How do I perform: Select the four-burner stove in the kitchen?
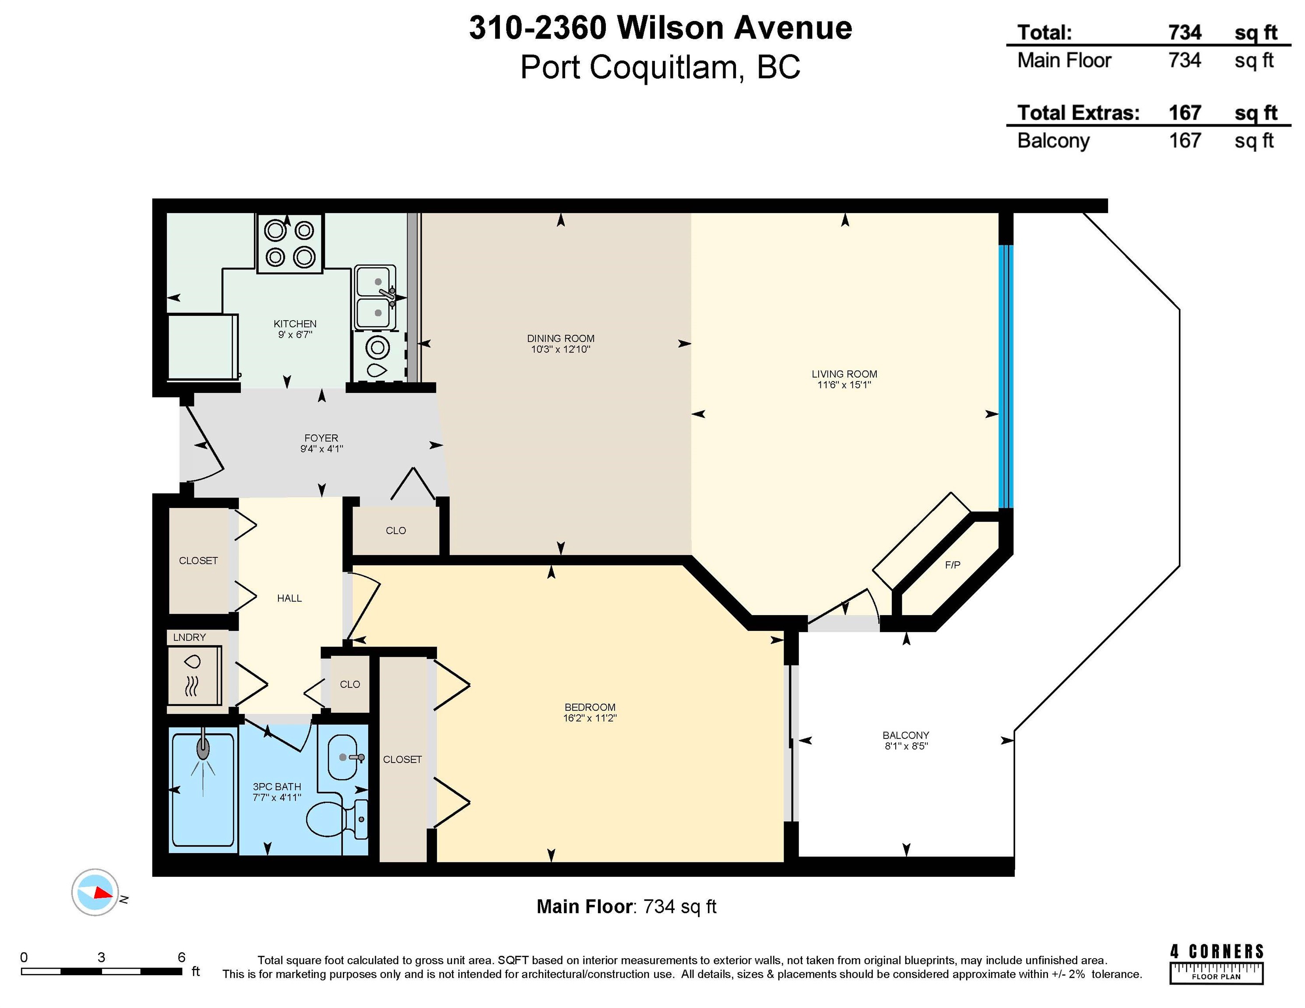[x=290, y=244]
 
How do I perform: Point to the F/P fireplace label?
[x=953, y=565]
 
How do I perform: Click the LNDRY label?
[x=190, y=637]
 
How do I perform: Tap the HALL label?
[x=289, y=598]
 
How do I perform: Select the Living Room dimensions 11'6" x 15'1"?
[x=844, y=385]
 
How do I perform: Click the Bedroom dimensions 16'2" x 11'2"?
[x=590, y=718]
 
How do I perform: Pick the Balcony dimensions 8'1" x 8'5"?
[x=906, y=746]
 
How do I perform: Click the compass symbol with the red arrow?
[x=95, y=892]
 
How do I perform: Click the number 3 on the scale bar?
[x=102, y=957]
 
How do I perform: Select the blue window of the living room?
[x=1006, y=376]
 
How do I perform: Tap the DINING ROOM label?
[x=560, y=339]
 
